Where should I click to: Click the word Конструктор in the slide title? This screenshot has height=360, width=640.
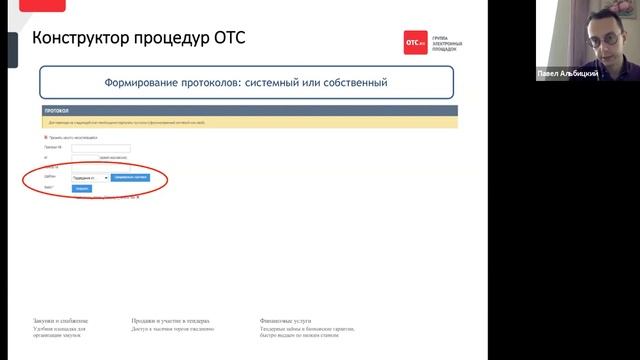pos(82,39)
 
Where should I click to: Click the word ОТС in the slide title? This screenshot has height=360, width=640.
pos(225,39)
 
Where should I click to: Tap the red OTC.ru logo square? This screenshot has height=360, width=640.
pos(415,42)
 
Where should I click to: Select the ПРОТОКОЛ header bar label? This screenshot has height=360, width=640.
pos(56,112)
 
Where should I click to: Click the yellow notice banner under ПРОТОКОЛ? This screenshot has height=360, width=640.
pos(250,122)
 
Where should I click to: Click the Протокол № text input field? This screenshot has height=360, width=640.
pos(101,148)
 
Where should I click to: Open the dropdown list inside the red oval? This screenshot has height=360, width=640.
pos(90,177)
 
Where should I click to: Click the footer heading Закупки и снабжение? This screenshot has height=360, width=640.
pos(61,321)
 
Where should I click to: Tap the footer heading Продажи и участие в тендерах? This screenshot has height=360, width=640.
pos(170,321)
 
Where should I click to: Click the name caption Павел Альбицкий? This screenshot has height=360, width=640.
pos(568,74)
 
